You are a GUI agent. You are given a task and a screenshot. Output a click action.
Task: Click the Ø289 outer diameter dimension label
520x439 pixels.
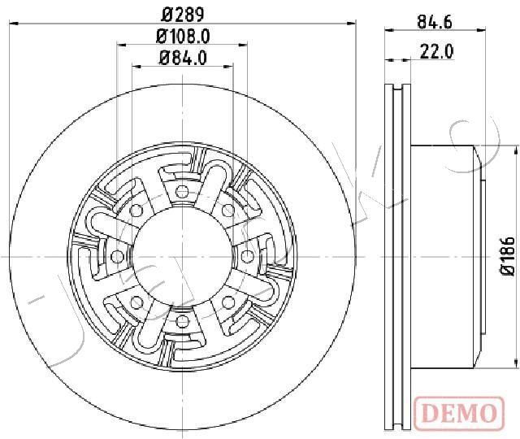[183, 15]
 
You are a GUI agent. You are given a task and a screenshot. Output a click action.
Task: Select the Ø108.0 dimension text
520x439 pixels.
[183, 37]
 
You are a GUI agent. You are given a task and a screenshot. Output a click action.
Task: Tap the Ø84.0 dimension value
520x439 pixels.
[183, 58]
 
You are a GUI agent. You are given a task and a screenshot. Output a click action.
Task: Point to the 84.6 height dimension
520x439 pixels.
[435, 22]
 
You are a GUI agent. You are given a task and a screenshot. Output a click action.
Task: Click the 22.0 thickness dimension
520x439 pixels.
[437, 52]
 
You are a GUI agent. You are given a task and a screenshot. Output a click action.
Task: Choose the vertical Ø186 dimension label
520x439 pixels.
[508, 255]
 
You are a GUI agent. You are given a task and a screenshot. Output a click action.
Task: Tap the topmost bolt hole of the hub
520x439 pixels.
[182, 192]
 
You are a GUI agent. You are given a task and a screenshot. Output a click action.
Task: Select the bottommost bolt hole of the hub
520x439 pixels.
[182, 321]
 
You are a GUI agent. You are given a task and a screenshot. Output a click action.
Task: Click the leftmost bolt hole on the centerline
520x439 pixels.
[117, 256]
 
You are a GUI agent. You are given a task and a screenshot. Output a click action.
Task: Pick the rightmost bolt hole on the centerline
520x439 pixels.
[246, 256]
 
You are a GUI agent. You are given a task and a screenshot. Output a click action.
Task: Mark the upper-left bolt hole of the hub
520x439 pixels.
[136, 211]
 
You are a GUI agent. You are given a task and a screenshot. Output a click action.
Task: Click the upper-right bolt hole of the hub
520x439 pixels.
[227, 211]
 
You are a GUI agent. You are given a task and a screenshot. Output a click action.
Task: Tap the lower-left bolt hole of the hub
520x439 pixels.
[136, 302]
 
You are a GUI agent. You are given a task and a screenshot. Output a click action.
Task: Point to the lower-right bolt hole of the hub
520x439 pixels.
[227, 302]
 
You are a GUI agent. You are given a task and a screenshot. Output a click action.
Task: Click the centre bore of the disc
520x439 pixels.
[182, 256]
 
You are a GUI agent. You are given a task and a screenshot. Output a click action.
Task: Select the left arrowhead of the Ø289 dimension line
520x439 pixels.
[13, 24]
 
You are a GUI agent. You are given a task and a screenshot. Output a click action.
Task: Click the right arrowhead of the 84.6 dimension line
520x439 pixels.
[482, 30]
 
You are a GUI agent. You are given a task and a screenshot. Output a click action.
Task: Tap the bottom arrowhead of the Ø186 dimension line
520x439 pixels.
[517, 363]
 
